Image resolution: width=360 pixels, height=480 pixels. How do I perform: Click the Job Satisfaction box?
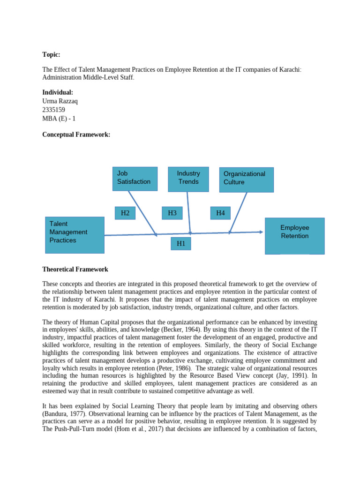(135, 179)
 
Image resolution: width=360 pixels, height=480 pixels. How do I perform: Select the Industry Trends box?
(188, 179)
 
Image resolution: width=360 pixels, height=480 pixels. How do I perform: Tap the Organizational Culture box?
(246, 180)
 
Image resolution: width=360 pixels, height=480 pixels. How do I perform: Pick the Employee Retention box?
(294, 235)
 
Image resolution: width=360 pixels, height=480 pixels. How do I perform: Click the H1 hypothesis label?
(180, 243)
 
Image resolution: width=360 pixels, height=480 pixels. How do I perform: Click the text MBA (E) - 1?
(59, 119)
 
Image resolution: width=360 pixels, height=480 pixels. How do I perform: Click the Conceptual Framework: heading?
(76, 135)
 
